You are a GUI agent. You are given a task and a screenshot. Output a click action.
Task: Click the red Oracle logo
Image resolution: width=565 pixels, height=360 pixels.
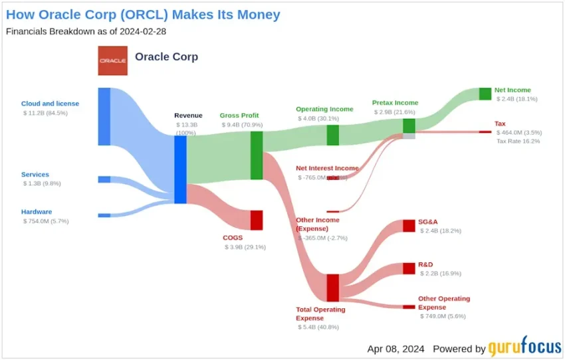tap(112, 60)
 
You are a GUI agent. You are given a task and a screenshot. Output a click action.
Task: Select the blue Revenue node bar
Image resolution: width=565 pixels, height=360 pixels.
tap(180, 169)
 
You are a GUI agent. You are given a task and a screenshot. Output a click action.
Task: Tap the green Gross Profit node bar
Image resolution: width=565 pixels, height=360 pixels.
tap(257, 155)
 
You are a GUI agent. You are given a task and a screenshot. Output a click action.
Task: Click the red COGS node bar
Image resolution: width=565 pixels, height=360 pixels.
tap(257, 220)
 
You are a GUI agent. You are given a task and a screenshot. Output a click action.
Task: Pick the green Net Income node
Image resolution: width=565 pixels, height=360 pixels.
tap(485, 94)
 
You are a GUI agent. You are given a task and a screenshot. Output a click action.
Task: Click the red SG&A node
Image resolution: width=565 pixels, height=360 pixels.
tap(409, 226)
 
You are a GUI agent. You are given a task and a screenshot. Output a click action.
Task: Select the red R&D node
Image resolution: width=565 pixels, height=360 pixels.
tap(409, 268)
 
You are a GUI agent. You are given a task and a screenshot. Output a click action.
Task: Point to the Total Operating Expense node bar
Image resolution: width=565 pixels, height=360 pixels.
tap(332, 288)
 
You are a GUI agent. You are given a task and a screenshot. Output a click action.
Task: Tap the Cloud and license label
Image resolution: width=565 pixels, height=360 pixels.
tap(50, 104)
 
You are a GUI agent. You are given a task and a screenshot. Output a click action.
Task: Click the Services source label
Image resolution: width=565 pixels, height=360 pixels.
tap(35, 175)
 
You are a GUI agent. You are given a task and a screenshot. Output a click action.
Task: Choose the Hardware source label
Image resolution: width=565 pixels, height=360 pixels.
tap(37, 212)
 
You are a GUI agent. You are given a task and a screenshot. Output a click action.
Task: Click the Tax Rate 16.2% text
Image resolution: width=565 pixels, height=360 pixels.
tap(518, 141)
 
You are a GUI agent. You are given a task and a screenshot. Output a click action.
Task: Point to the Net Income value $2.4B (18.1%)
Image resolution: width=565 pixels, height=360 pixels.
tap(516, 99)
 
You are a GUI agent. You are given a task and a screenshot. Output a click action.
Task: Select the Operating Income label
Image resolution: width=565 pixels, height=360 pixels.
tap(324, 109)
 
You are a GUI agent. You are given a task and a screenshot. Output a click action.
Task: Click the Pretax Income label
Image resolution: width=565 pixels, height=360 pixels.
tap(395, 103)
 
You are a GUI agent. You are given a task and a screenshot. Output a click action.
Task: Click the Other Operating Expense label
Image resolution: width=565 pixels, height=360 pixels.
tap(444, 303)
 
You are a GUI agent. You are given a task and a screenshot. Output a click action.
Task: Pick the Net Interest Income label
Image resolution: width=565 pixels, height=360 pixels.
tap(327, 168)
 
